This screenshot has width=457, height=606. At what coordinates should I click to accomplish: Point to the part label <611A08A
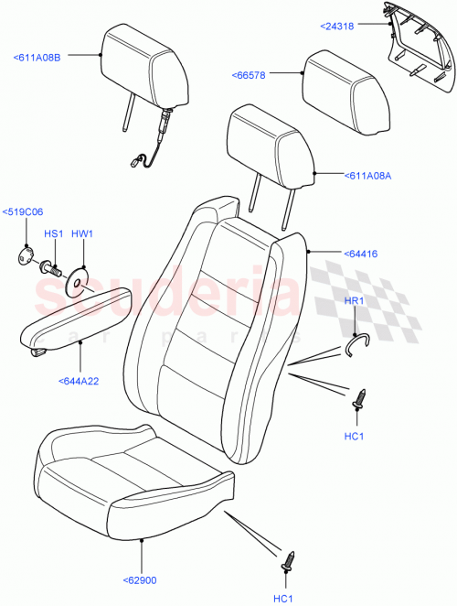(x=367, y=177)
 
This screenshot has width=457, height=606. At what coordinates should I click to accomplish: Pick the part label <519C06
(x=23, y=212)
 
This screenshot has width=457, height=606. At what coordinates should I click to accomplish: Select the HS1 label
(x=53, y=234)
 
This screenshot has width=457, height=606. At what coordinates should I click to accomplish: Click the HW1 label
(x=82, y=234)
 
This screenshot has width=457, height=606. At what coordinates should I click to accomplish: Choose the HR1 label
(x=354, y=301)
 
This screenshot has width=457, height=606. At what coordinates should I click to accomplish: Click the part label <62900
(x=140, y=579)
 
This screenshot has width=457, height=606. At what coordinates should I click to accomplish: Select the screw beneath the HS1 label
(x=52, y=268)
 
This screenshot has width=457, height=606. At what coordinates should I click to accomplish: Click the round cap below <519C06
(x=26, y=256)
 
